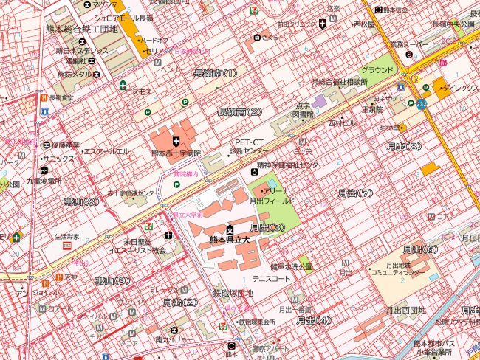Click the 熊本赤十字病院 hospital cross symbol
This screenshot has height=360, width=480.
tap(176, 140)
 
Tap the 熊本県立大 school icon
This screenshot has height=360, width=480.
tap(230, 230)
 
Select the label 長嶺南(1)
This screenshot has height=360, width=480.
tap(215, 73)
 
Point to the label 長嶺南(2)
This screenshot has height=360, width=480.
tap(240, 111)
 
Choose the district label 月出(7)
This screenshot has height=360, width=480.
tap(355, 193)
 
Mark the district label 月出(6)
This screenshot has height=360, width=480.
tap(420, 249)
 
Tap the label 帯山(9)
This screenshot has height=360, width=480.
tap(112, 280)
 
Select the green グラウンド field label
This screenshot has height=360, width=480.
tap(377, 70)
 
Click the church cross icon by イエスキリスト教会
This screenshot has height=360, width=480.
tap(168, 235)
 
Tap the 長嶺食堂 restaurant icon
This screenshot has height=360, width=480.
tap(45, 97)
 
